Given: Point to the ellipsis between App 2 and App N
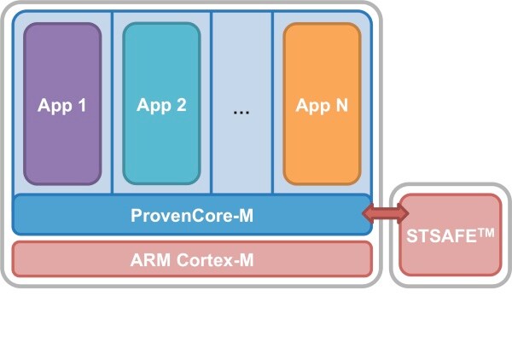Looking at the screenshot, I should (241, 112).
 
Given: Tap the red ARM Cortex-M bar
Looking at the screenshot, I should (192, 258).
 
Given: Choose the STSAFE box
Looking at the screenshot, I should (451, 235).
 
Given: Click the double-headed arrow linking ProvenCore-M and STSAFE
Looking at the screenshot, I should (381, 215).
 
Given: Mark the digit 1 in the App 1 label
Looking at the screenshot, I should (82, 106).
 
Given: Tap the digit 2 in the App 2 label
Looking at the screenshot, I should (181, 106).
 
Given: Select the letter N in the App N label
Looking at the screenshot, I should (340, 106).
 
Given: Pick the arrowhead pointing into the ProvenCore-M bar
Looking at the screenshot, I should (368, 215).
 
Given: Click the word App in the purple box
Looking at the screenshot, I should (54, 107).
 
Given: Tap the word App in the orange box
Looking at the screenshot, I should (311, 107).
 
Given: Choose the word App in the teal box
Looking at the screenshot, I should (153, 107).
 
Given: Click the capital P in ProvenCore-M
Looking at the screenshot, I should (137, 216).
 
